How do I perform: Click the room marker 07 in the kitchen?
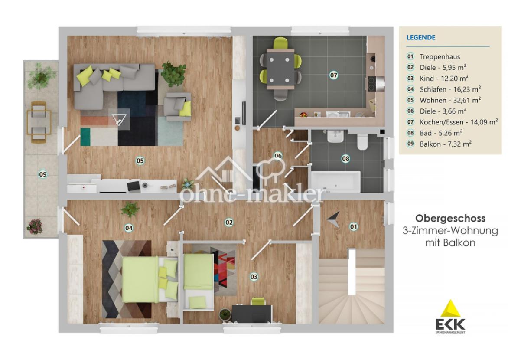[x=334, y=75]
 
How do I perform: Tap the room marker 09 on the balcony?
[x=43, y=174]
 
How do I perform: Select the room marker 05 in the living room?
[x=140, y=160]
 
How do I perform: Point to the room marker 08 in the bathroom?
[x=346, y=159]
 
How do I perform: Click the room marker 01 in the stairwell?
[x=353, y=227]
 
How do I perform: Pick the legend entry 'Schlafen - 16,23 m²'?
[x=450, y=89]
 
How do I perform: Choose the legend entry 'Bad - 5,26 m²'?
[x=441, y=133]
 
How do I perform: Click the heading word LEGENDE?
[x=421, y=37]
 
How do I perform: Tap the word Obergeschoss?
[x=450, y=218]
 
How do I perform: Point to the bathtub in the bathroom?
[x=335, y=182]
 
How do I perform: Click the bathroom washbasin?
[x=335, y=136]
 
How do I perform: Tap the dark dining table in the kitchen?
[x=280, y=69]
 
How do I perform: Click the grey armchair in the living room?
[x=178, y=106]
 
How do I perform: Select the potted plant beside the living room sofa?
[x=174, y=74]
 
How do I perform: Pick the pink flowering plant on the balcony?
[x=35, y=226]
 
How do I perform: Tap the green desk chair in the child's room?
[x=258, y=301]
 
